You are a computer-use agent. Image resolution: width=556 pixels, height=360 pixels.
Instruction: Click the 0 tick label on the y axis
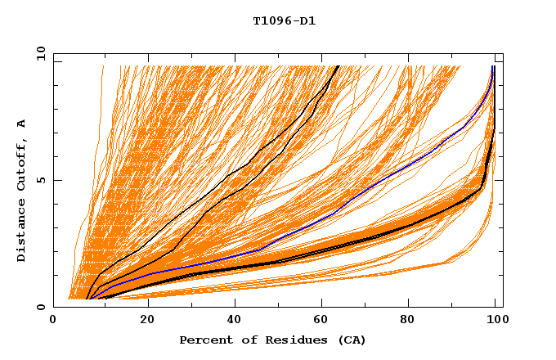(41, 308)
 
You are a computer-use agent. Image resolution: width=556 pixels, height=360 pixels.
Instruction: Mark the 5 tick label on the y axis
(41, 181)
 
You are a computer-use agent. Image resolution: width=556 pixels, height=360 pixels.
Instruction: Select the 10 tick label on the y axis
(38, 54)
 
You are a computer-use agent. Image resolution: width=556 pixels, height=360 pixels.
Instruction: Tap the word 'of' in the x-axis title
(240, 340)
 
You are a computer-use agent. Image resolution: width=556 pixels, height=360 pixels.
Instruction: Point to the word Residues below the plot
(285, 340)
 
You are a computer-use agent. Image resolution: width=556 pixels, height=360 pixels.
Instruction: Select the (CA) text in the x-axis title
(341, 340)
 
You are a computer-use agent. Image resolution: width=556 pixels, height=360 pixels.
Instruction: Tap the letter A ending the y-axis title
(21, 124)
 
